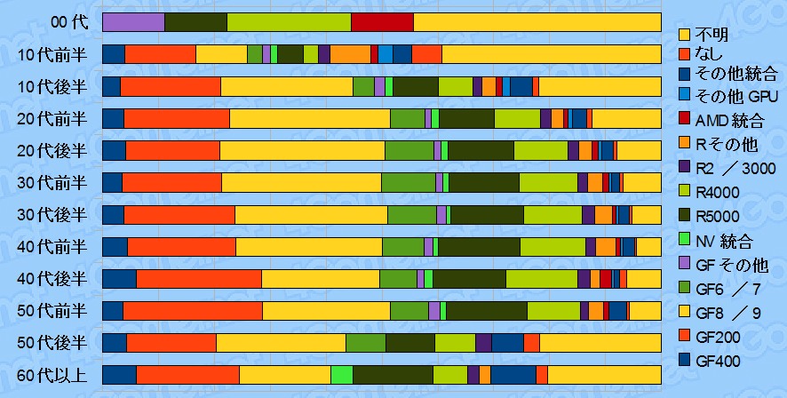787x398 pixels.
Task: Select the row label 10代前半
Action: click(52, 54)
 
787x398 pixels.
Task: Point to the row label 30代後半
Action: click(52, 215)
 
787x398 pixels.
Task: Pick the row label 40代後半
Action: click(52, 279)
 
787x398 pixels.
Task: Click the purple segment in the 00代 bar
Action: click(133, 22)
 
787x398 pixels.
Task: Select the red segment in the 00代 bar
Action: click(382, 22)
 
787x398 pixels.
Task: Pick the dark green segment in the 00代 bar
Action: click(195, 22)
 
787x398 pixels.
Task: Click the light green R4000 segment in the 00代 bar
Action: click(289, 22)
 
